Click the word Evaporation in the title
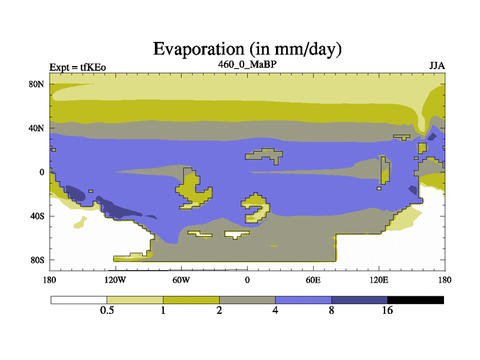point(199,49)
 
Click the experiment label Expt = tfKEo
point(78,67)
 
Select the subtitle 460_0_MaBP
point(247,64)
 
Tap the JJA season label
point(437,66)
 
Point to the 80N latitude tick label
point(37,84)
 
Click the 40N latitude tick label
point(37,128)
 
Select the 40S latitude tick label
point(37,216)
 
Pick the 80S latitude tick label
point(37,260)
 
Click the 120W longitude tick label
point(115,280)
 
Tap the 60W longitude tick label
point(181,280)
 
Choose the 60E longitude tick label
point(313,280)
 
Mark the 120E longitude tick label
point(379,280)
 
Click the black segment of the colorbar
point(416,300)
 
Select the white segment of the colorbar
point(79,300)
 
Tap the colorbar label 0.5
point(107,310)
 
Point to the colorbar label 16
point(387,310)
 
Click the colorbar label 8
point(331,310)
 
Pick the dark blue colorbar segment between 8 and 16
point(359,300)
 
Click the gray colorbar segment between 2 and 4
point(247,300)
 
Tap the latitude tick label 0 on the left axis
point(41,172)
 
